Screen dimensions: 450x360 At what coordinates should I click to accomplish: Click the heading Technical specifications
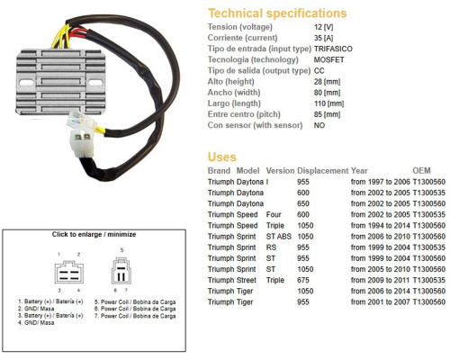pos(277,13)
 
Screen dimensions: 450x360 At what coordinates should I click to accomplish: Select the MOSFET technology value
pos(328,59)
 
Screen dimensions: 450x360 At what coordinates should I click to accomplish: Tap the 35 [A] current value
pos(324,38)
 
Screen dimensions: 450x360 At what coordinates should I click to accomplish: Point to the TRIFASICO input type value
pos(333,49)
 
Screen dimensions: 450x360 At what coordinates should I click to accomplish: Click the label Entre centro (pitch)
pos(244,114)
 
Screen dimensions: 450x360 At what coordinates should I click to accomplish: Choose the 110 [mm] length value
pos(328,103)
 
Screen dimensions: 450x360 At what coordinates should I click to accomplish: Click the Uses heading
pos(222,157)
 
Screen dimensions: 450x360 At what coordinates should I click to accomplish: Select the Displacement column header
pos(323,171)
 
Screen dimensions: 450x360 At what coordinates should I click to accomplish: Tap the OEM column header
pos(421,171)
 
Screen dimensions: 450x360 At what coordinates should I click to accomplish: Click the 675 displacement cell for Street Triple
pos(303,280)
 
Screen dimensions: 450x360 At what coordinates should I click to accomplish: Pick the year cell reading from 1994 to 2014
pos(381,226)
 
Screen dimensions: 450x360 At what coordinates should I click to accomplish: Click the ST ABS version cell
pos(279,237)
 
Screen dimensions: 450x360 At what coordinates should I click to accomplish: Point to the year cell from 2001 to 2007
pos(381,302)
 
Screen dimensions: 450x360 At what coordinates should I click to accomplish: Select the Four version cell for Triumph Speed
pos(274,214)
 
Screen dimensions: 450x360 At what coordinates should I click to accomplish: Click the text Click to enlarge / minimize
pos(94,234)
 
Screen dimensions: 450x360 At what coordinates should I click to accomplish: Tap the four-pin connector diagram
pos(69,272)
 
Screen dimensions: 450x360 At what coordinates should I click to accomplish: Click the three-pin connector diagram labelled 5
pos(121,271)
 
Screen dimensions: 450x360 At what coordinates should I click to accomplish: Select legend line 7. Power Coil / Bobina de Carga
pos(135,316)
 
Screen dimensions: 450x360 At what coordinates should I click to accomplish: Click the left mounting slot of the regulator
pos(26,82)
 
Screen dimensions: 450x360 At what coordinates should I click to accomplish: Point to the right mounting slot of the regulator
pos(95,83)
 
